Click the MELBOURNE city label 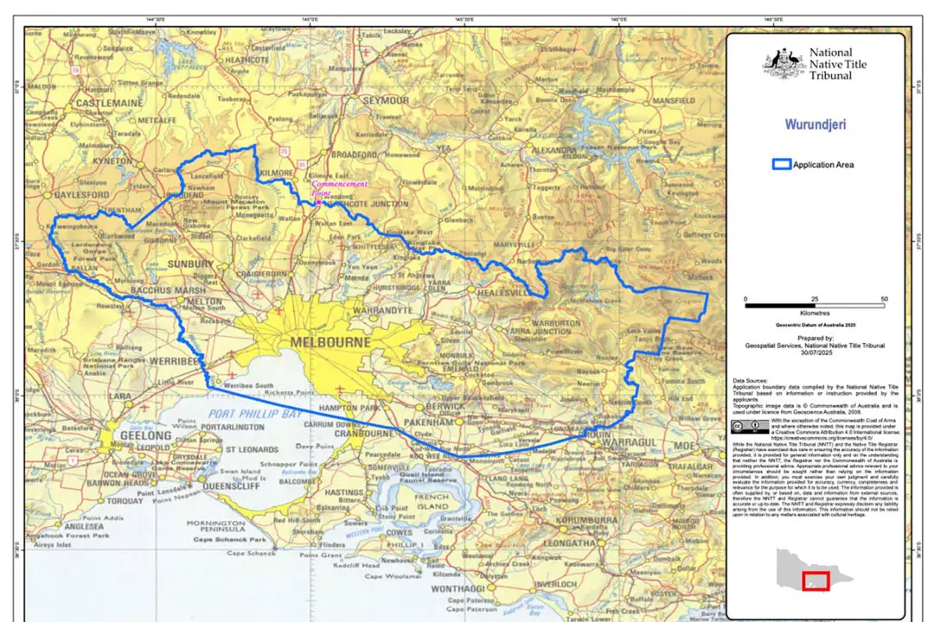tap(330, 342)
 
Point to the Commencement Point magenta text tap(338, 188)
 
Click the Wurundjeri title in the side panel tap(816, 124)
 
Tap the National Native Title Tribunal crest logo tap(784, 64)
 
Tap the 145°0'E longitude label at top tap(310, 18)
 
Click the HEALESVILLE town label tap(507, 293)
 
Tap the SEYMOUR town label tap(386, 100)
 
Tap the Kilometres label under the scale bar tap(816, 313)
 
